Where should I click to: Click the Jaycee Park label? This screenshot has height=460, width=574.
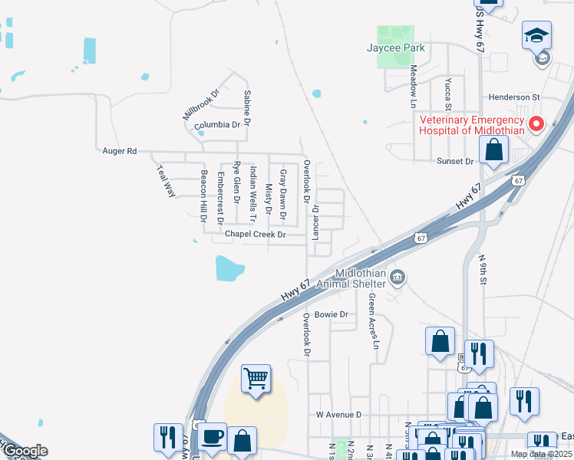click(x=396, y=48)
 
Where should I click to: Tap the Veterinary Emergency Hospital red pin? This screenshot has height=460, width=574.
click(x=537, y=123)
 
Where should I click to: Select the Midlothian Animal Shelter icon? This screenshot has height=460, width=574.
click(x=397, y=278)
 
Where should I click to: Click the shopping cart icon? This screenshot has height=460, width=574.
click(x=256, y=377)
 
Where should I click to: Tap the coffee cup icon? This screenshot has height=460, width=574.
click(x=212, y=436)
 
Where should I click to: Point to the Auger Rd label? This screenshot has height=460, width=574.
click(x=119, y=152)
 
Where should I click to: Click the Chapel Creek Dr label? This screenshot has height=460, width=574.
click(x=255, y=235)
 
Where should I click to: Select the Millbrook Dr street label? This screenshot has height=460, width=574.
click(x=201, y=104)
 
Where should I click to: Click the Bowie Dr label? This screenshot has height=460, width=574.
click(x=332, y=314)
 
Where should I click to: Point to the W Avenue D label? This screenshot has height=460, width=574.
click(x=338, y=415)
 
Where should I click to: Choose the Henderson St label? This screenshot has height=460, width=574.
click(x=514, y=97)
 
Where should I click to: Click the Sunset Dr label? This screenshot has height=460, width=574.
click(x=455, y=161)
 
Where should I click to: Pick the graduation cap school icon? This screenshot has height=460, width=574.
click(x=536, y=34)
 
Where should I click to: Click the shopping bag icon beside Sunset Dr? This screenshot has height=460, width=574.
click(x=494, y=149)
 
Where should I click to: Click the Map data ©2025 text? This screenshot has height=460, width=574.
click(x=541, y=454)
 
